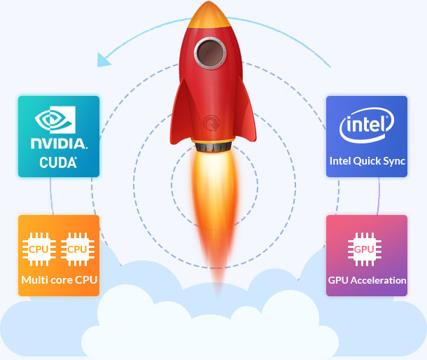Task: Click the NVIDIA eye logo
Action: tap(58, 121)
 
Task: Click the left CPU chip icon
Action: tap(38, 249)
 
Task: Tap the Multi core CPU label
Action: tap(59, 280)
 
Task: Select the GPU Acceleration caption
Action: tap(367, 280)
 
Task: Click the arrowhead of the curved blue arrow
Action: tap(104, 60)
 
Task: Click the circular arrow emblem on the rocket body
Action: tap(210, 123)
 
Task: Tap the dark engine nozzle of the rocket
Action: tap(210, 148)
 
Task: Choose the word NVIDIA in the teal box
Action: tap(59, 144)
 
